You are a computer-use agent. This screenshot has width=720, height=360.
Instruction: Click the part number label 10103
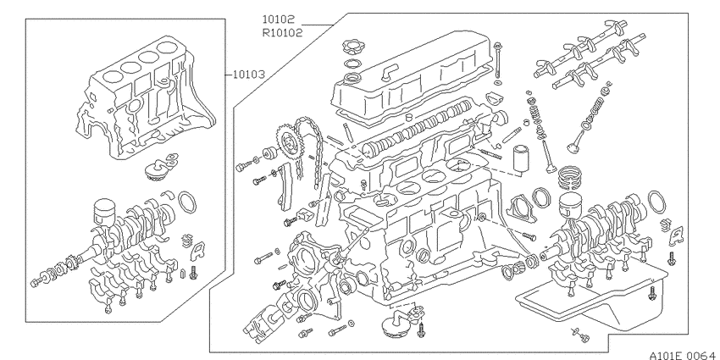tap(248, 75)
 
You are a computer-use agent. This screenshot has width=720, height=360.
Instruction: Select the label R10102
tap(282, 32)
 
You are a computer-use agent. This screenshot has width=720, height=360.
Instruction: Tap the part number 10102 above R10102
tap(279, 19)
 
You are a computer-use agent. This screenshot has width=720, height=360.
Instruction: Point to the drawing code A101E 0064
tap(684, 355)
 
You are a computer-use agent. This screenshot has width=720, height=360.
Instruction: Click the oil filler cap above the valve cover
tap(352, 47)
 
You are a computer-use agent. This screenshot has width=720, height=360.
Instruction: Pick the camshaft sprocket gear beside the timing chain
tap(287, 142)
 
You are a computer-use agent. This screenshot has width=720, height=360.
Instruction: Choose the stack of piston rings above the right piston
tap(570, 178)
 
